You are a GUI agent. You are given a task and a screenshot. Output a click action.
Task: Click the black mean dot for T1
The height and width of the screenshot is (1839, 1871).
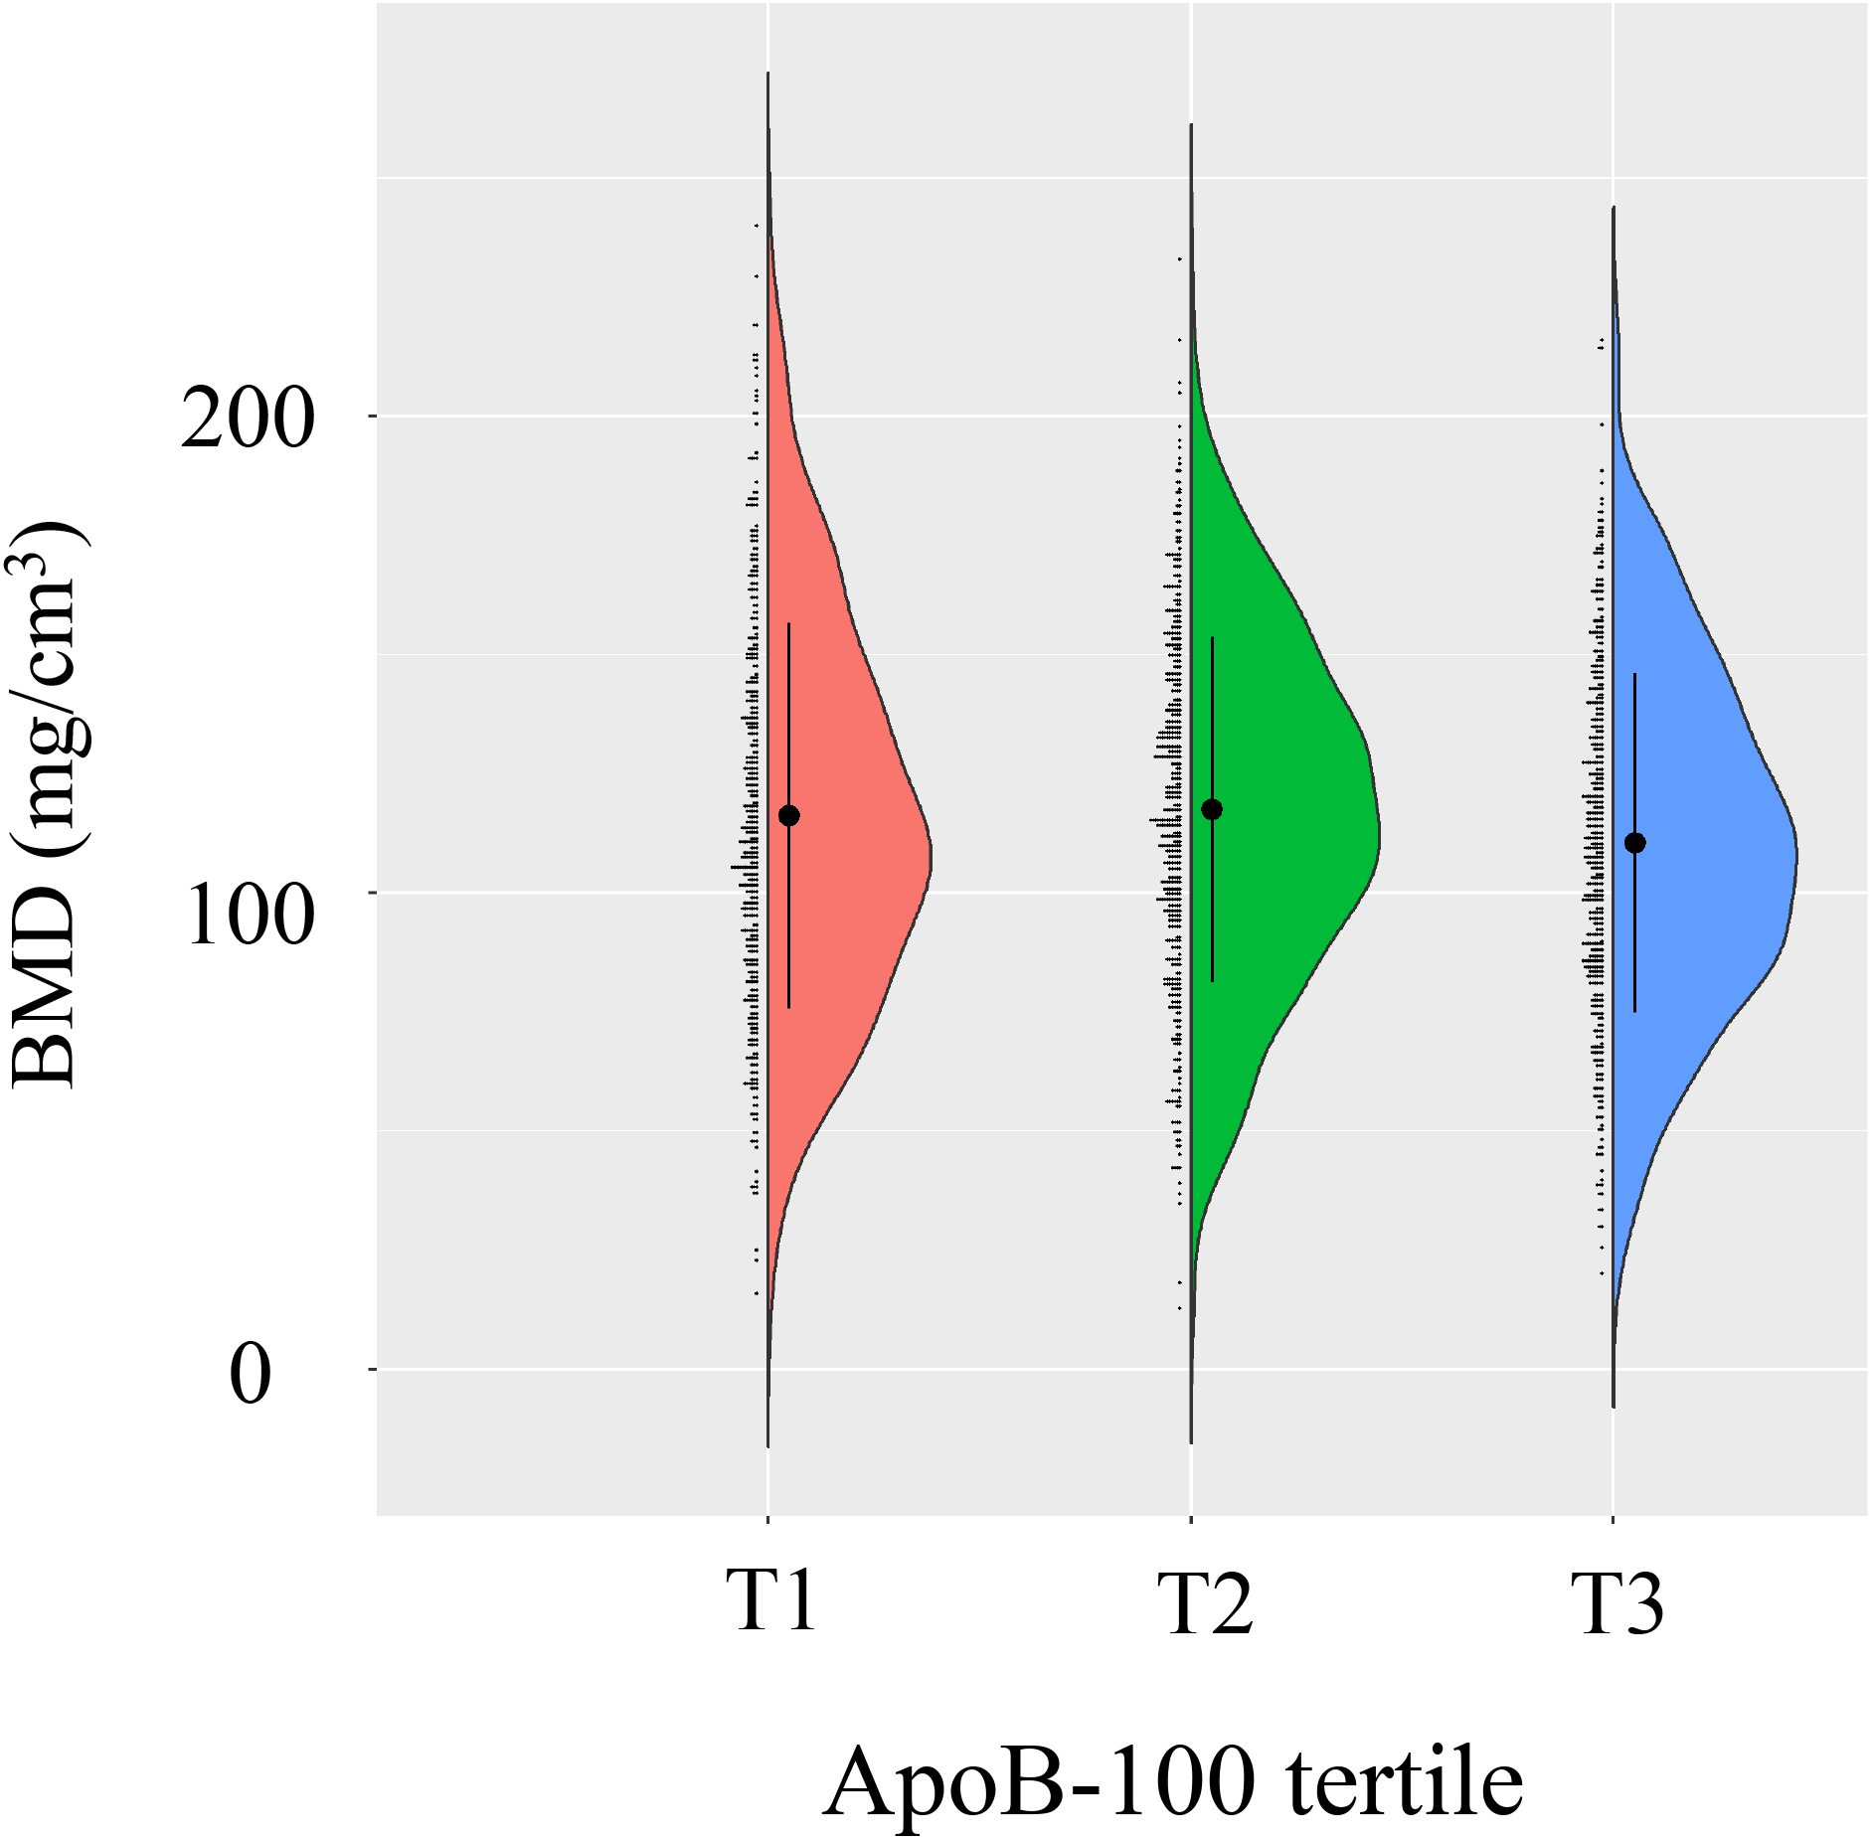[788, 816]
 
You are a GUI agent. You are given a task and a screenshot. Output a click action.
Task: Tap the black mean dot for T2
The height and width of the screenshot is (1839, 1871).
[1212, 809]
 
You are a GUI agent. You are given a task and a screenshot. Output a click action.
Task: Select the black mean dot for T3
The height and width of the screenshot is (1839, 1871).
[1634, 843]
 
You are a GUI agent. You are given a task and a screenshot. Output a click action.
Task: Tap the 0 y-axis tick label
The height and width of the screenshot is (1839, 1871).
[250, 1375]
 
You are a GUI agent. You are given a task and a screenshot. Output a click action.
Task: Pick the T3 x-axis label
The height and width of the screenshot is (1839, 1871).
[1617, 1601]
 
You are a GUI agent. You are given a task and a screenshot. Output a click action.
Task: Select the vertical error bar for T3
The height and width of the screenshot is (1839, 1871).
[1634, 944]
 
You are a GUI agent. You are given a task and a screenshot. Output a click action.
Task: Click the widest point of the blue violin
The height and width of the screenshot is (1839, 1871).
[1795, 855]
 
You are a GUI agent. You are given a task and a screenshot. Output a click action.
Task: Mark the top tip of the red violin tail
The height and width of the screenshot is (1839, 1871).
[768, 74]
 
